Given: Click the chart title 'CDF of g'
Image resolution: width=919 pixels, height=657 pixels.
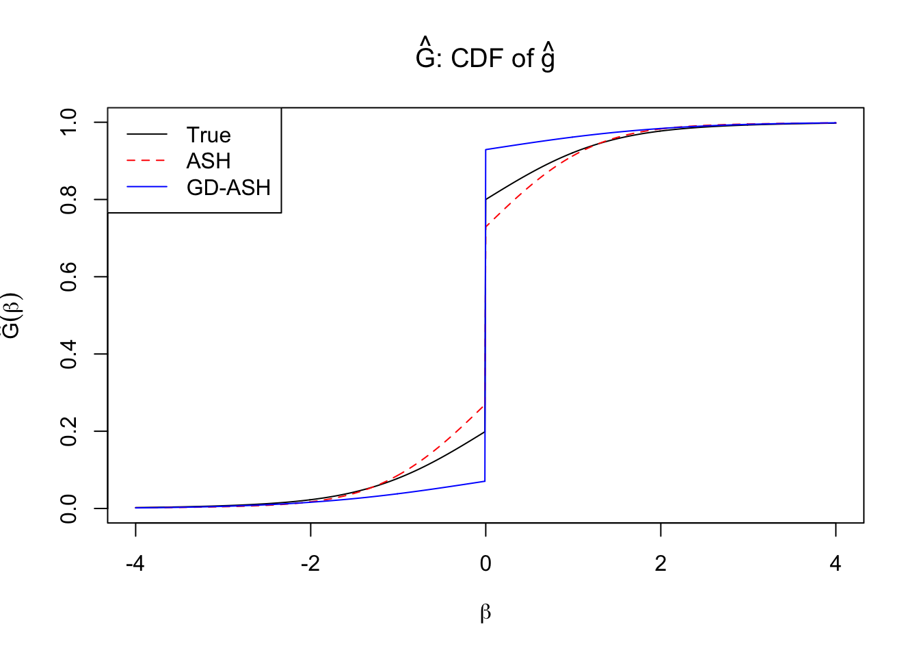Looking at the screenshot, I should tap(485, 57).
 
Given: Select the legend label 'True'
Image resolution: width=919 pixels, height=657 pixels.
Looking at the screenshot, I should tap(209, 135).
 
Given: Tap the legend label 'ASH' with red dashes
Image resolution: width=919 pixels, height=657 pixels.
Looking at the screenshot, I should tap(209, 161).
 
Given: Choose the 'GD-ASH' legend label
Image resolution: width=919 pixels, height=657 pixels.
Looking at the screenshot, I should tap(228, 188).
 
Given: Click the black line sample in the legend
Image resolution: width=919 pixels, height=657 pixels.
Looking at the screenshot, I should tap(147, 135).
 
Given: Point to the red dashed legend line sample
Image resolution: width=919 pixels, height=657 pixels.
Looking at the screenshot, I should tap(147, 161).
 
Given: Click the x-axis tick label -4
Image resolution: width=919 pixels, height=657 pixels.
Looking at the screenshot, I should tap(135, 563).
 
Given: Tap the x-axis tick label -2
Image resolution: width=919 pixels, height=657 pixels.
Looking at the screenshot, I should tap(310, 563).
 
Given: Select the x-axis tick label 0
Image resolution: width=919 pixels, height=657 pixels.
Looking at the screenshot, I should tap(485, 563).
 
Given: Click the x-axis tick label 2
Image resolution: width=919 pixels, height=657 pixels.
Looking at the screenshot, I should tap(661, 563).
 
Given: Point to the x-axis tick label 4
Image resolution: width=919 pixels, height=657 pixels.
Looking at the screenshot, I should tap(836, 563).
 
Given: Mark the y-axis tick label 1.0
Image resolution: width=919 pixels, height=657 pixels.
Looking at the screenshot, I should tap(69, 123).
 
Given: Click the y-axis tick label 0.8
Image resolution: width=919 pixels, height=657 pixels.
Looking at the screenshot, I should tap(69, 200).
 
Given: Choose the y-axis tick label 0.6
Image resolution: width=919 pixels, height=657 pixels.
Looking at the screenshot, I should tap(69, 277).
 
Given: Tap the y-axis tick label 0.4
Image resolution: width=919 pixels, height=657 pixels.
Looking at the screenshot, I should tap(69, 355).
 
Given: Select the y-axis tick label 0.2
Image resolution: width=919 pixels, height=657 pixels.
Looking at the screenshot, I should tap(69, 432).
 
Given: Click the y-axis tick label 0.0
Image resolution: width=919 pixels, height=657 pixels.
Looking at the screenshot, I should tap(69, 509).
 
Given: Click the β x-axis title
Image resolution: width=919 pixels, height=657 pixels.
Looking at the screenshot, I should tap(485, 612).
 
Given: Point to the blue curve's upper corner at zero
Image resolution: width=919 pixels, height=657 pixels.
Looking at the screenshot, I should tap(485, 149).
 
